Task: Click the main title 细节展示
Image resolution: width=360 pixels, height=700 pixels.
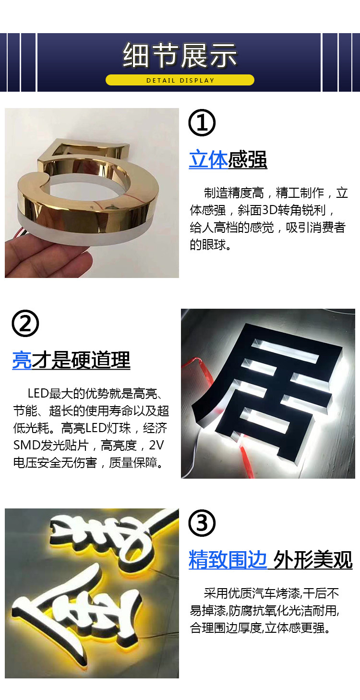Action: pos(180,56)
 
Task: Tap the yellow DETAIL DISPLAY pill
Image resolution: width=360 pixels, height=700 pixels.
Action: pos(180,80)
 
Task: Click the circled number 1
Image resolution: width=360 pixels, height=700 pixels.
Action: pos(202,123)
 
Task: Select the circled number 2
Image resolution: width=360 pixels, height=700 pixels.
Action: pos(25,324)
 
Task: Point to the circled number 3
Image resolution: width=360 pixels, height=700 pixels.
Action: pos(202,523)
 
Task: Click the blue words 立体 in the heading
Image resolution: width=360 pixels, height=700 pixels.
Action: pos(208,160)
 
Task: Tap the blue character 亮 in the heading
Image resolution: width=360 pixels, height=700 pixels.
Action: pos(22,360)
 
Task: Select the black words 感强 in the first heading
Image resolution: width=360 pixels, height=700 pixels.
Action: pos(248,160)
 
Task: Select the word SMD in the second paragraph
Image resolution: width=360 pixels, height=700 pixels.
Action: pos(26,446)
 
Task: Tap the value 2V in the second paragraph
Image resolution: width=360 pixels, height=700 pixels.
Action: pos(156,446)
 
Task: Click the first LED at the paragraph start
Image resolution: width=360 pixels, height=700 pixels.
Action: pos(38,393)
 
